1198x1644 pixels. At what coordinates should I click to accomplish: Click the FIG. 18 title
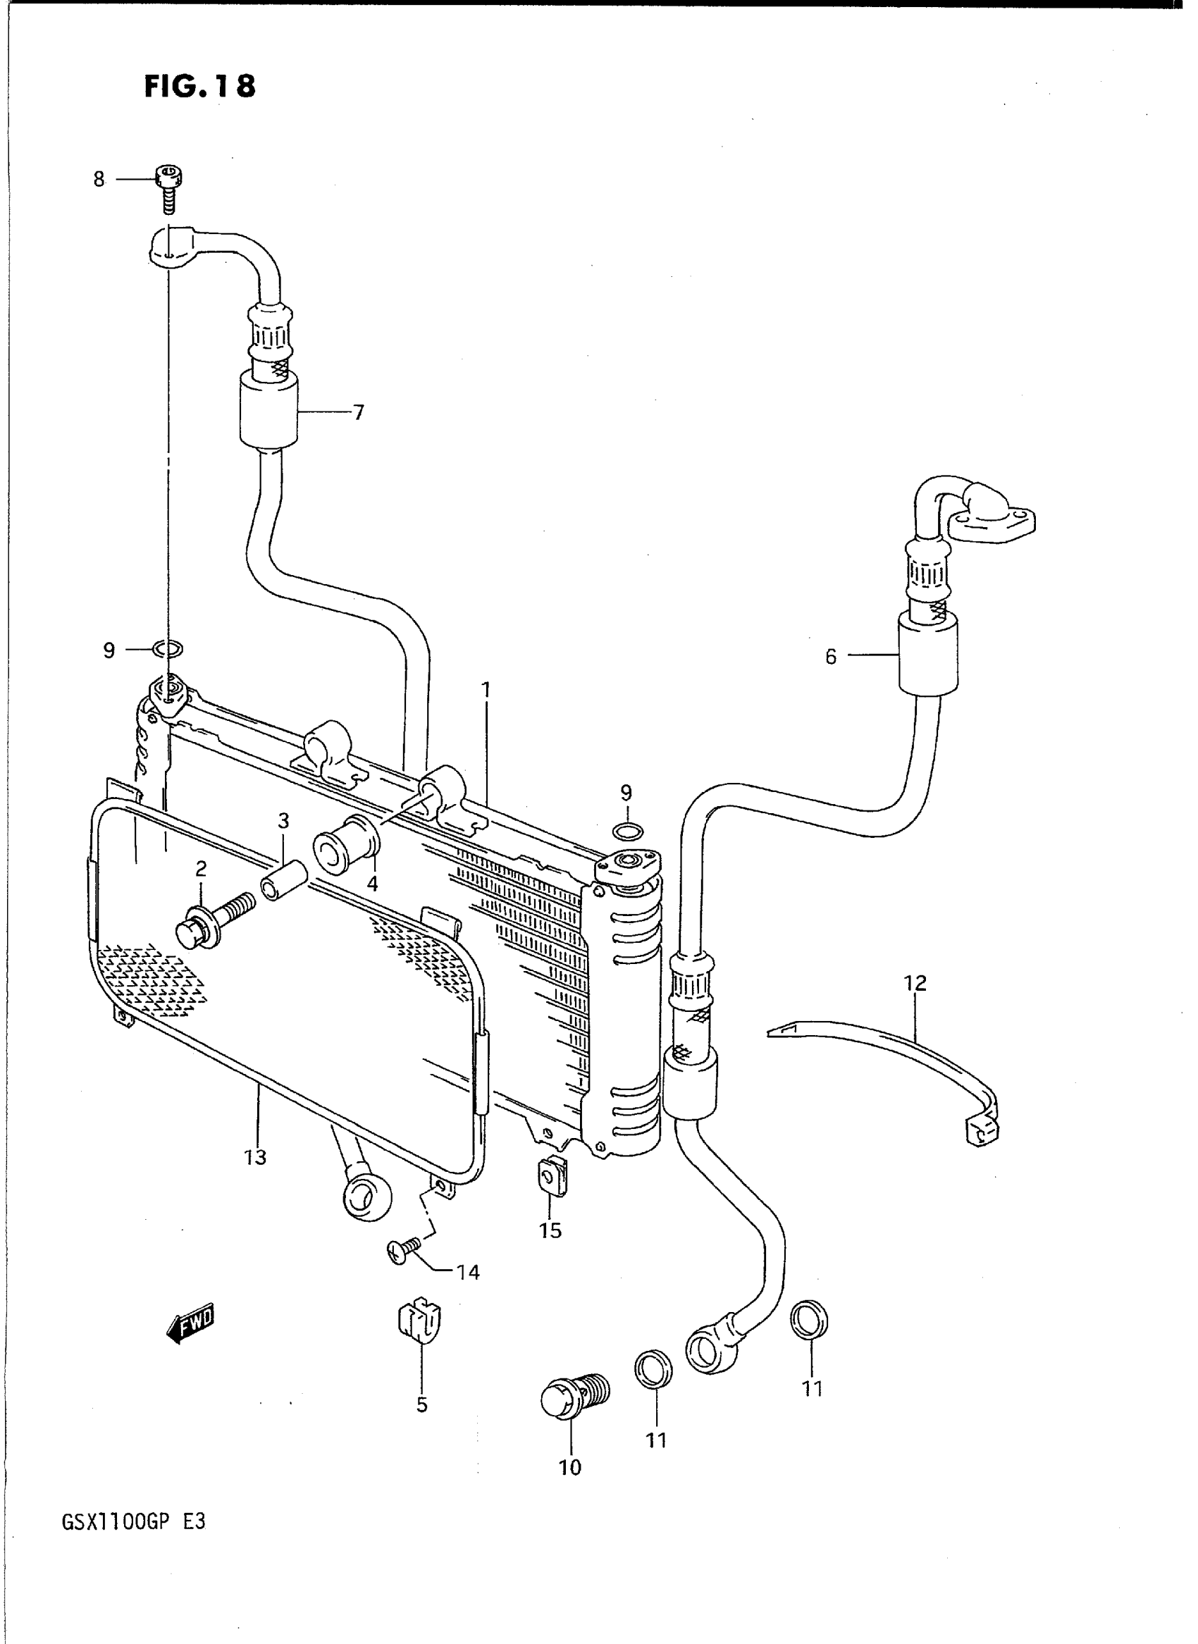199,86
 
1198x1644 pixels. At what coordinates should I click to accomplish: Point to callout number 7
358,413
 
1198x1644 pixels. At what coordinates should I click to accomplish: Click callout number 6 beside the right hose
831,656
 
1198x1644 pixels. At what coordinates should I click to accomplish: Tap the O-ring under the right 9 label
627,830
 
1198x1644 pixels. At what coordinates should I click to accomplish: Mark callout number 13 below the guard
255,1157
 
